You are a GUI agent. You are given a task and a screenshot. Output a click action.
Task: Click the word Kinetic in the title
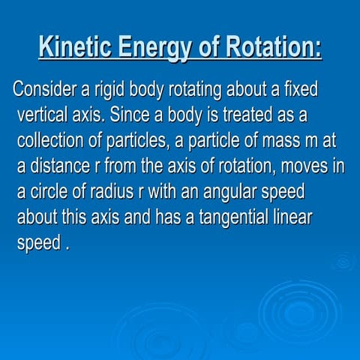[x=75, y=46]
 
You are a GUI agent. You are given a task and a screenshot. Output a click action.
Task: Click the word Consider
[x=44, y=89]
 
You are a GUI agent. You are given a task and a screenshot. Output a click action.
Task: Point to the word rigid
[x=109, y=91]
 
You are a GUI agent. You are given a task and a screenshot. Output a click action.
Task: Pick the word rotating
[x=195, y=91]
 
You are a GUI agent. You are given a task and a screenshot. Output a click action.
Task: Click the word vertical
[x=43, y=115]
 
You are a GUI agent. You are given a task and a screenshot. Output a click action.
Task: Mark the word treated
[x=247, y=115]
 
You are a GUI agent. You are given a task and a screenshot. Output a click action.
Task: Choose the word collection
[x=50, y=140]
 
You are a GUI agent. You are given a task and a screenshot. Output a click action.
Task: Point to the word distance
[x=60, y=166]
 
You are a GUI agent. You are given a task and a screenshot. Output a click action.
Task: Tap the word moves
[x=304, y=167]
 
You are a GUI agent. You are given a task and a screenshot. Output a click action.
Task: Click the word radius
[x=112, y=191]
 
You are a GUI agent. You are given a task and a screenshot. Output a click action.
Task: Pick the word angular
[x=230, y=193]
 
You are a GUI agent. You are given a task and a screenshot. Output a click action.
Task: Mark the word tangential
[x=234, y=218]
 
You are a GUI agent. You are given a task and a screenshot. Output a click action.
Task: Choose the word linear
[x=292, y=217]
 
